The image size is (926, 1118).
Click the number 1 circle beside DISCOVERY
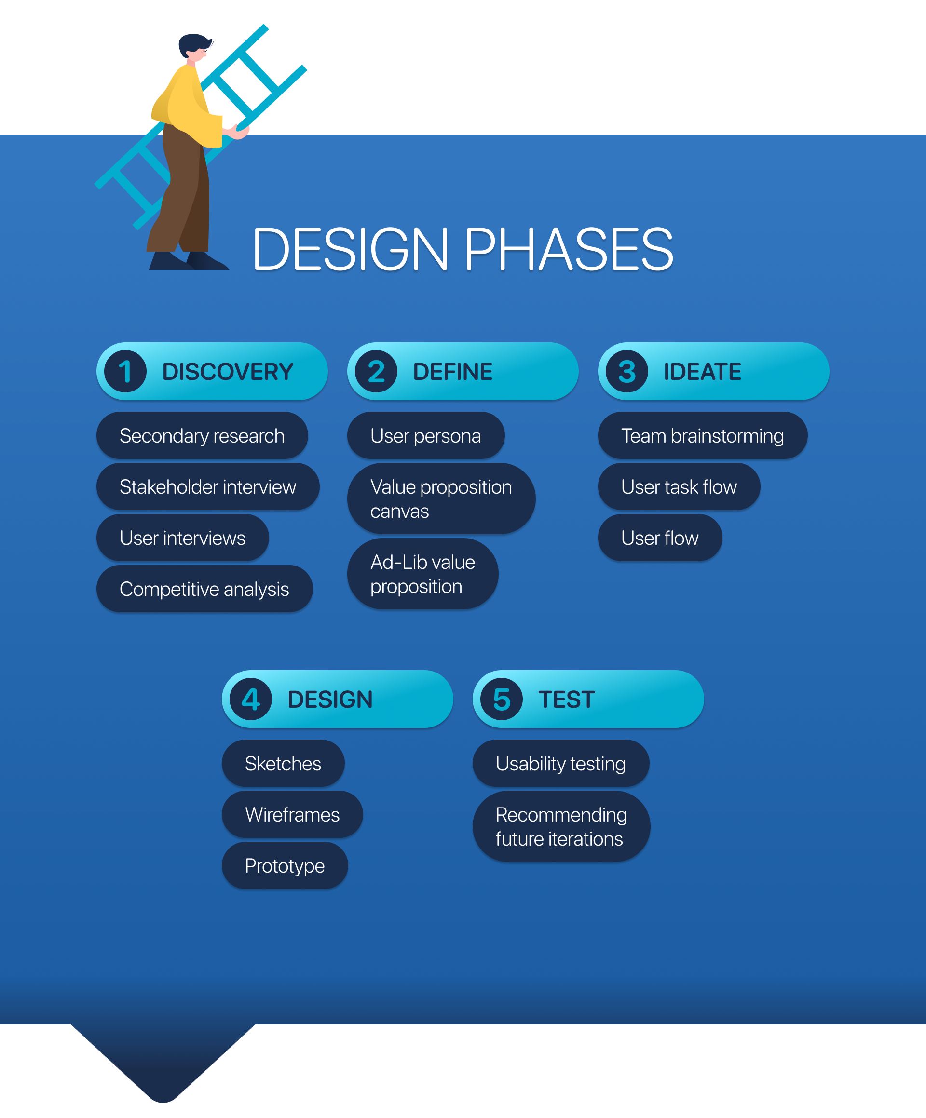pos(125,371)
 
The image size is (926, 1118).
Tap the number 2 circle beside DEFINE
pos(376,371)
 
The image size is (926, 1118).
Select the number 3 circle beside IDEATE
pos(627,371)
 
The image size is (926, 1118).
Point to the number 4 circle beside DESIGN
pos(251,699)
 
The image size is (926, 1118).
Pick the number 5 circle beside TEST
pos(502,699)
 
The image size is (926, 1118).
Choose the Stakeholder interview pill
pos(208,486)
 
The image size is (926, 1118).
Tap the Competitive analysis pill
pos(204,589)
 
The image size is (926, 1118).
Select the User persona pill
pos(425,435)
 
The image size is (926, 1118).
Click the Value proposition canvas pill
pos(441,499)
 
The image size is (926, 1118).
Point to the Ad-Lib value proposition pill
pos(423,574)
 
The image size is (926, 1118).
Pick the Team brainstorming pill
pos(702,435)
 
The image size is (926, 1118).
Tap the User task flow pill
pos(679,486)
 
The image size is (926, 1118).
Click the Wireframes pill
pos(292,815)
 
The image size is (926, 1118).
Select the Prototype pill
pos(285,866)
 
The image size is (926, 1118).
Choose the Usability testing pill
pos(561,764)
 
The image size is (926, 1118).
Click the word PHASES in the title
pos(569,249)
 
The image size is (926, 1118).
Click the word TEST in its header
pos(567,700)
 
